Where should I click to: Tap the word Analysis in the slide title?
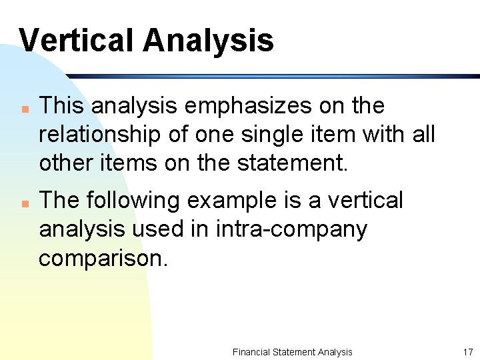click(208, 40)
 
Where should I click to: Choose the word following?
click(137, 200)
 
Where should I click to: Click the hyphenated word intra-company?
click(291, 229)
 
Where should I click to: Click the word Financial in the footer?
click(252, 352)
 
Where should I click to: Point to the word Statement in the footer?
click(293, 352)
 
